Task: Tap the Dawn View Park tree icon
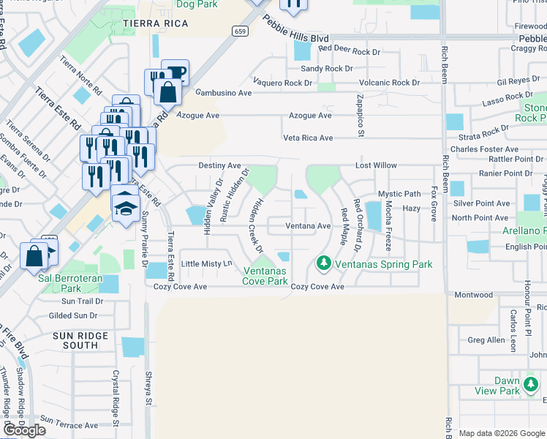pos(531,383)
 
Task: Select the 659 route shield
pos(240,31)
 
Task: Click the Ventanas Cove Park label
pos(265,276)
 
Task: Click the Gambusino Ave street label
pos(223,94)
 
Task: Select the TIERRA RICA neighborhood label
pos(156,24)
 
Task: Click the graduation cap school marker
pos(126,206)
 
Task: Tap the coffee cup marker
pos(176,73)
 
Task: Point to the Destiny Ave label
pos(219,166)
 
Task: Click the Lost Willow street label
pos(376,166)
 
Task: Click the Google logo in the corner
pos(24,430)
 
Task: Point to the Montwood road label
pos(474,295)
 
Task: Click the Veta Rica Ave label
pos(308,138)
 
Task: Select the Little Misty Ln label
pos(206,263)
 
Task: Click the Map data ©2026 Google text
pos(502,433)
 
